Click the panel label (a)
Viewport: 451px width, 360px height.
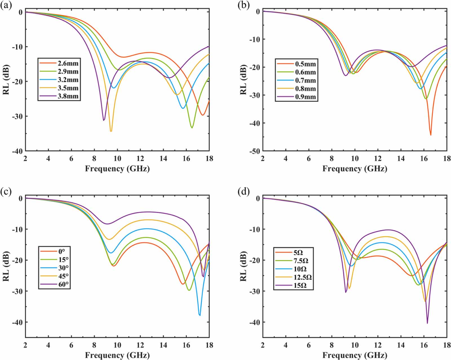tap(6, 5)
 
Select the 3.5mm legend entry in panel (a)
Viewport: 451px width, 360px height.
tap(68, 88)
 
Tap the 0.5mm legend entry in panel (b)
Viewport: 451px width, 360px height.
tap(306, 64)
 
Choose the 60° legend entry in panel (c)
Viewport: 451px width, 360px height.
tap(63, 284)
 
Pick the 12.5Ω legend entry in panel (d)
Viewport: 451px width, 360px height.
tap(302, 277)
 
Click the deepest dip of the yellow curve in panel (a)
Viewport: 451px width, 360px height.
tap(111, 131)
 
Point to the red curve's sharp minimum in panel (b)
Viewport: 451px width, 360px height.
tap(430, 135)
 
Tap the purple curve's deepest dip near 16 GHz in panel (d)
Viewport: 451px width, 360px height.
tap(427, 323)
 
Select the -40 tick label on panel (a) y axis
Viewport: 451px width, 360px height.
tap(17, 151)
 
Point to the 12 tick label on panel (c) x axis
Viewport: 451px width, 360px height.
tap(140, 345)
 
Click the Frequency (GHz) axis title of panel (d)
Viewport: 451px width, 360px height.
tap(355, 355)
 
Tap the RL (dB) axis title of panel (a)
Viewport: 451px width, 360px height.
tap(6, 79)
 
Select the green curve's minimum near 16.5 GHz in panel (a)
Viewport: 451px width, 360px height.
tap(192, 128)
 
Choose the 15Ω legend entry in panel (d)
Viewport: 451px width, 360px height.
tap(300, 285)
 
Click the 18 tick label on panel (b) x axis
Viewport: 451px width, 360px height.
tap(447, 159)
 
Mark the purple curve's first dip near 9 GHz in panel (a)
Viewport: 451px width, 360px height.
tap(104, 120)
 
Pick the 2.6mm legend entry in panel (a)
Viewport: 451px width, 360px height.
tap(68, 63)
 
